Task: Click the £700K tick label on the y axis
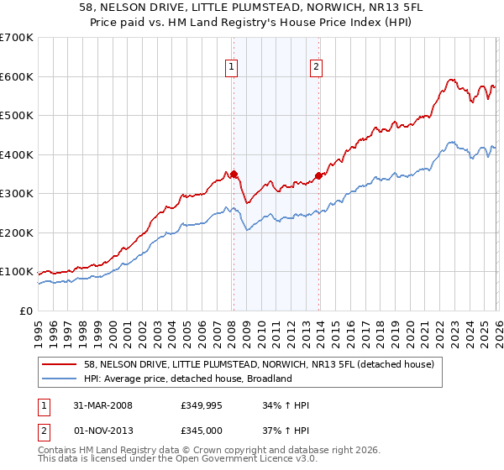click(x=16, y=38)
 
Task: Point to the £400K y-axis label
click(x=16, y=154)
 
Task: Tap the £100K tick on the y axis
click(x=16, y=272)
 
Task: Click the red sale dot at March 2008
click(x=234, y=175)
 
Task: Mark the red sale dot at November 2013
click(x=318, y=176)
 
